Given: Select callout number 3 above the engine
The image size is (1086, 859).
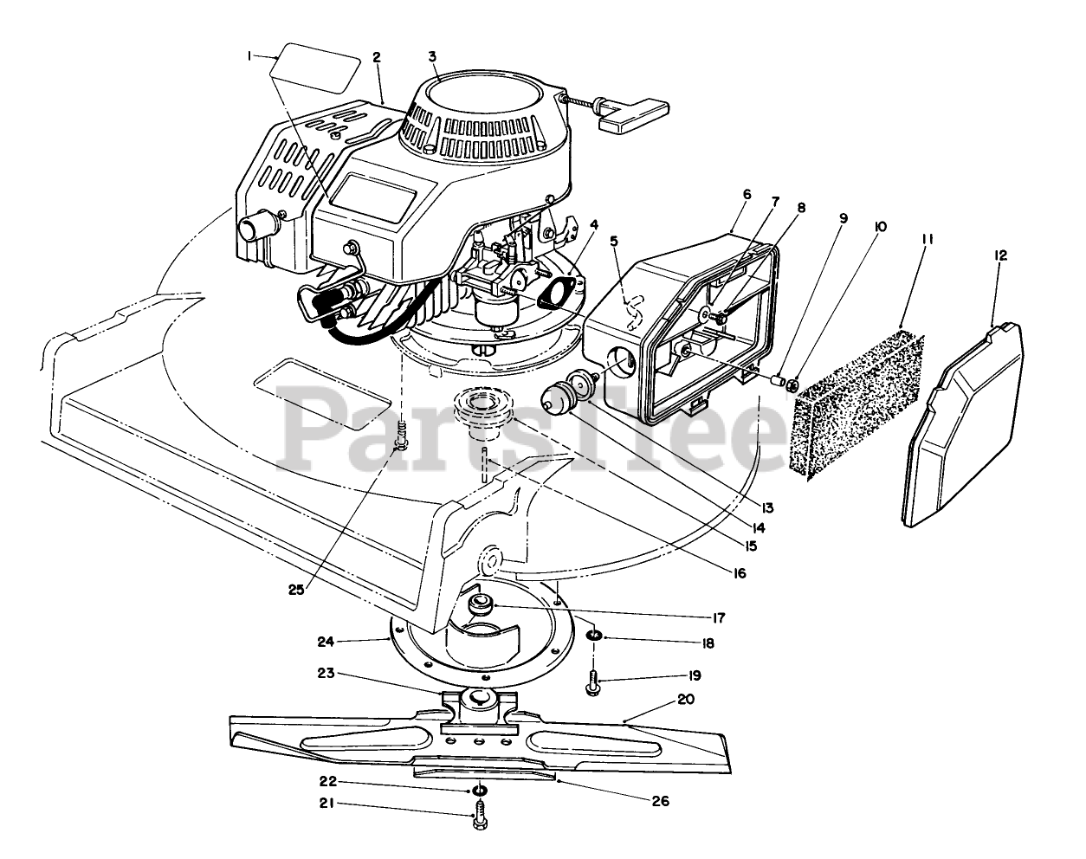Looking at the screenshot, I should [x=431, y=56].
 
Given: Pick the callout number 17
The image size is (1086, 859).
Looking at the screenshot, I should [x=719, y=617].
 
